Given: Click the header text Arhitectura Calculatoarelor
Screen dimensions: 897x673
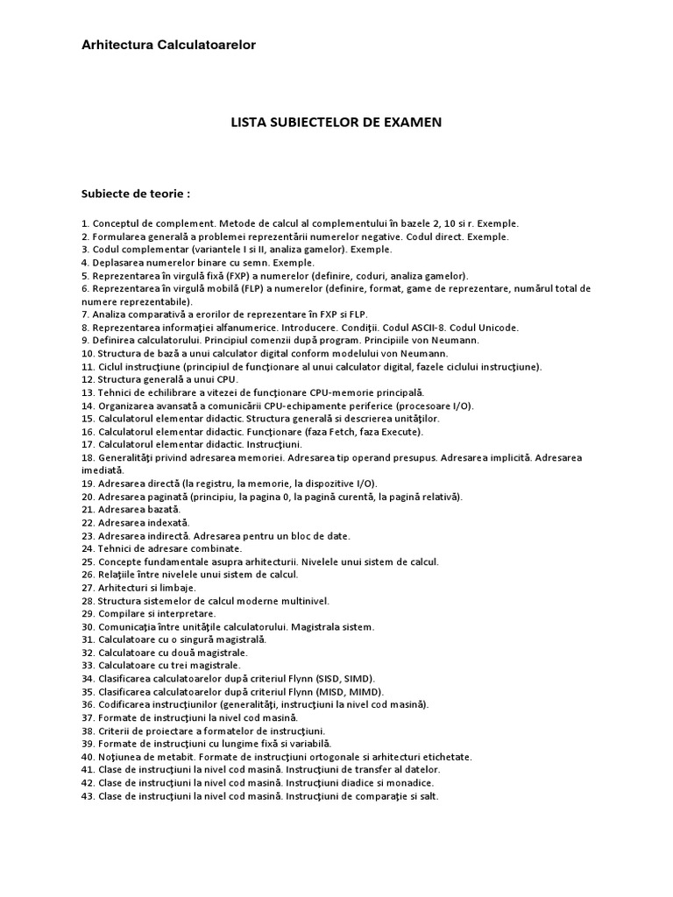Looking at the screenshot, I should (169, 45).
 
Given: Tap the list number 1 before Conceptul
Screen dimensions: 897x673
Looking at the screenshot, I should (84, 224).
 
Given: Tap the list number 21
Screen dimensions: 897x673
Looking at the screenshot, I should (88, 509).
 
